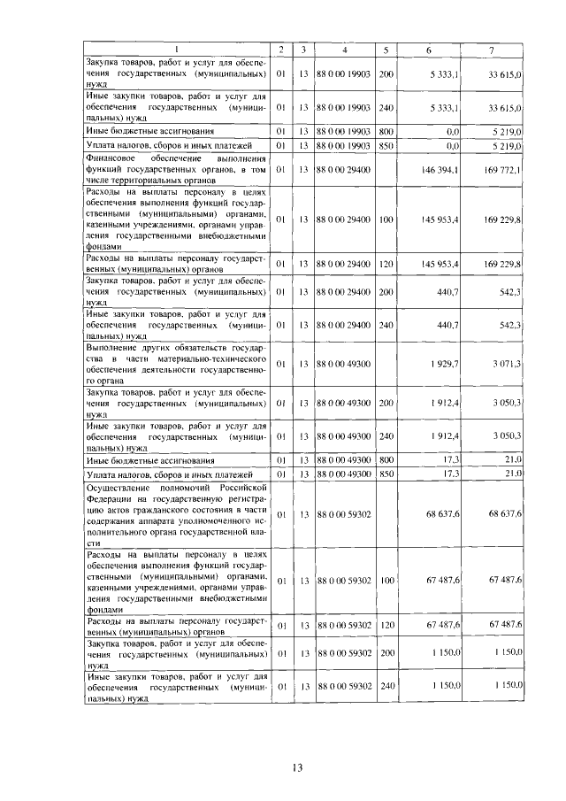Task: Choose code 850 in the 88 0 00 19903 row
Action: coord(386,144)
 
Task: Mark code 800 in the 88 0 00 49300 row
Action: coord(386,460)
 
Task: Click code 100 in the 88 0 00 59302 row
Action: coord(386,581)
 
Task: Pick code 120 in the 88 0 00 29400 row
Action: coord(386,263)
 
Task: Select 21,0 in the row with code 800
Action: coord(512,460)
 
